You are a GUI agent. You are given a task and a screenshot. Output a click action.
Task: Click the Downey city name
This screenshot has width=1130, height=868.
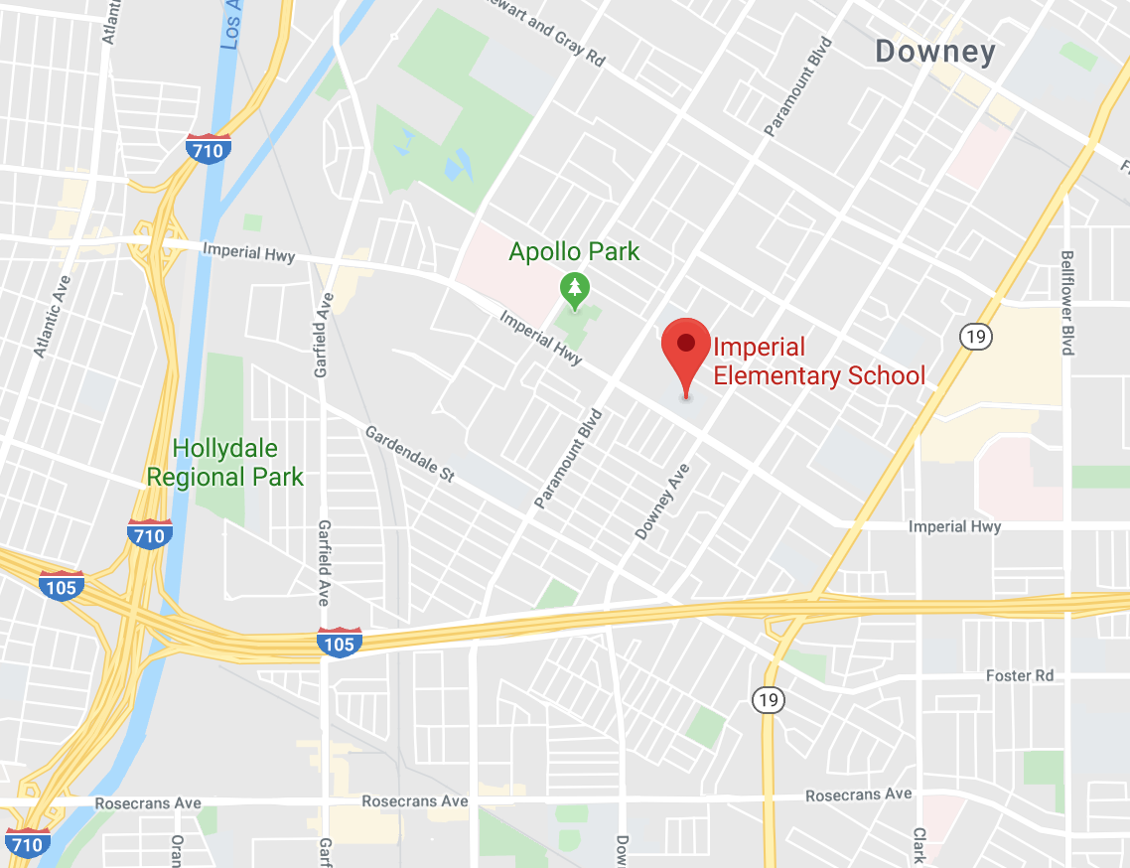(934, 52)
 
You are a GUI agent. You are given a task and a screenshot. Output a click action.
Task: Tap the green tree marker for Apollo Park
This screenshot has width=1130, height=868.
(574, 289)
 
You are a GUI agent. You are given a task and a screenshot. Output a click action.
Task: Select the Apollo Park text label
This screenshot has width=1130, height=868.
(574, 251)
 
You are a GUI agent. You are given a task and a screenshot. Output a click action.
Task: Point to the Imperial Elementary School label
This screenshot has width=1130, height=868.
(819, 362)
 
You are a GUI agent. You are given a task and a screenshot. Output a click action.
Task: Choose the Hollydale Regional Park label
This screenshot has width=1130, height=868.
(225, 463)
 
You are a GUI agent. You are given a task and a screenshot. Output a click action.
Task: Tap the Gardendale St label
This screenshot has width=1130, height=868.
(409, 455)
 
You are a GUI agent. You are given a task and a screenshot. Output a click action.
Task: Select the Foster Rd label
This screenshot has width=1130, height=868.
(1020, 675)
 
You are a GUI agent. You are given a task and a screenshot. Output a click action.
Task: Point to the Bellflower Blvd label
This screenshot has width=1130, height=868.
(1067, 302)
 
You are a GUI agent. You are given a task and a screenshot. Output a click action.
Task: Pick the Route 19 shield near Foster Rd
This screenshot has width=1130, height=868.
(768, 700)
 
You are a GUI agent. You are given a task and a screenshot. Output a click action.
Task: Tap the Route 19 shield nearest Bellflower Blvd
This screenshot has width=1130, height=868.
(973, 336)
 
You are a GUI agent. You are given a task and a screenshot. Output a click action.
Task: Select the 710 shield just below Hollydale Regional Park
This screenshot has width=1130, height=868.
(149, 535)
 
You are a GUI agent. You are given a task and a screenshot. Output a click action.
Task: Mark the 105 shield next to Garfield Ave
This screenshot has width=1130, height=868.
(339, 644)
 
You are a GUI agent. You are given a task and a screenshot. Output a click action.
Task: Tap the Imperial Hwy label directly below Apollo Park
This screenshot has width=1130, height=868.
(541, 338)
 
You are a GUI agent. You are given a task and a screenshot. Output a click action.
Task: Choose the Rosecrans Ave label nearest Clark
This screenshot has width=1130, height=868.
(858, 796)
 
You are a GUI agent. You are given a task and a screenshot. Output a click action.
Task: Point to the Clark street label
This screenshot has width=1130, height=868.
(918, 846)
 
